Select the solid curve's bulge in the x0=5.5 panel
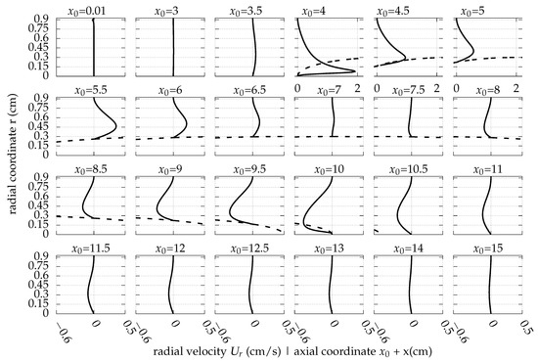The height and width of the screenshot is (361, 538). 114,125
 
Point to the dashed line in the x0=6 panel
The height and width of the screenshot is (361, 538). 157,138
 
